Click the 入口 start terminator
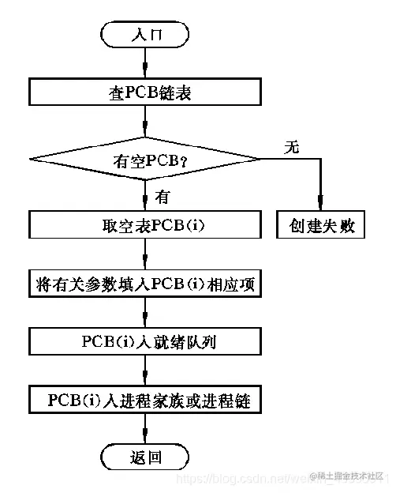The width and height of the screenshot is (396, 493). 145,34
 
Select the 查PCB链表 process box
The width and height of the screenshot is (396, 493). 145,92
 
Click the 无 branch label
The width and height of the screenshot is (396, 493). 292,146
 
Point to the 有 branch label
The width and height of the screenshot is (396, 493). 162,196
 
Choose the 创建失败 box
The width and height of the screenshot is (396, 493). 320,226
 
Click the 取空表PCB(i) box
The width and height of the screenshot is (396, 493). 145,226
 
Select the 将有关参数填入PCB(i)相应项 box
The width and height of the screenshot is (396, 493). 145,284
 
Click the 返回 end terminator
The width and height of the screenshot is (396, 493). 145,456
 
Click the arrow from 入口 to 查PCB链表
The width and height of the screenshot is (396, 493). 145,62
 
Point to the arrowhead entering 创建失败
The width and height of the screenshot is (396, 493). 320,207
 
